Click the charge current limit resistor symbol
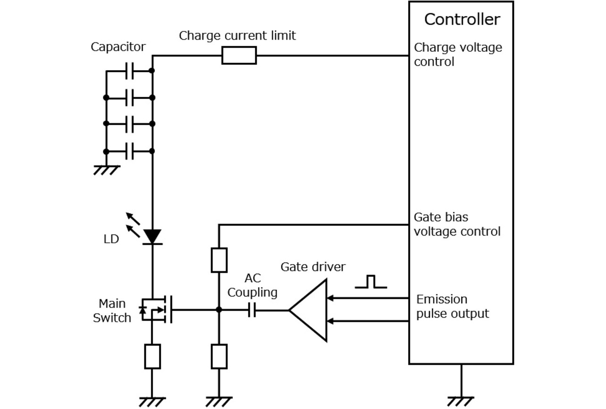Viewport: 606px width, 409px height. pyautogui.click(x=239, y=56)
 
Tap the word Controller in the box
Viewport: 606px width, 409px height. pyautogui.click(x=462, y=20)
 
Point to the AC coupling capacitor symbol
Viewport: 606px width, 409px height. pyautogui.click(x=252, y=310)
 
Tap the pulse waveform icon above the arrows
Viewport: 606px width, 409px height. pyautogui.click(x=370, y=282)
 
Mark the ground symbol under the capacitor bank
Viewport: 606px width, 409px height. pyautogui.click(x=106, y=170)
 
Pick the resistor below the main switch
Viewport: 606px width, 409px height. pyautogui.click(x=152, y=356)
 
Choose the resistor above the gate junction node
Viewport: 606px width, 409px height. pyautogui.click(x=219, y=260)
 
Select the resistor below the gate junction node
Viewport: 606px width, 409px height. pyautogui.click(x=219, y=356)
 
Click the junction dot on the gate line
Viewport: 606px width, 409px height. pyautogui.click(x=219, y=310)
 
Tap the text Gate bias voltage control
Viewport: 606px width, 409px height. pyautogui.click(x=456, y=224)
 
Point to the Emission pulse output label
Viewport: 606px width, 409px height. pyautogui.click(x=452, y=306)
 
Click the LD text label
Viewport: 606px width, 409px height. pyautogui.click(x=111, y=239)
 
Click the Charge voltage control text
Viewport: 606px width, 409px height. pyautogui.click(x=457, y=55)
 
